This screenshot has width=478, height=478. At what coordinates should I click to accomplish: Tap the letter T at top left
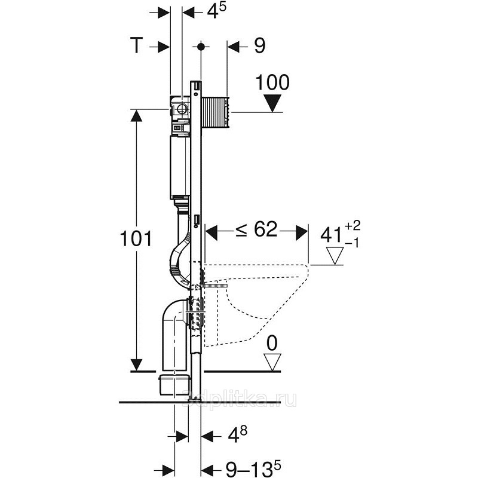pos(138,46)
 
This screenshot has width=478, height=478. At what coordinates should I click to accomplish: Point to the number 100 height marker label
pos(272,82)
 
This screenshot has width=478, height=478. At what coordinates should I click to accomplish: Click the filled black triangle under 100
pos(273,103)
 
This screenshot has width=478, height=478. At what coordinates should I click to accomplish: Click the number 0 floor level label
pos(273,343)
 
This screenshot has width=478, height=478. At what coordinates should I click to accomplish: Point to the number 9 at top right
pos(259,46)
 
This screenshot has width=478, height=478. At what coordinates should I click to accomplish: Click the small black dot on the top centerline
pos(202,46)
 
